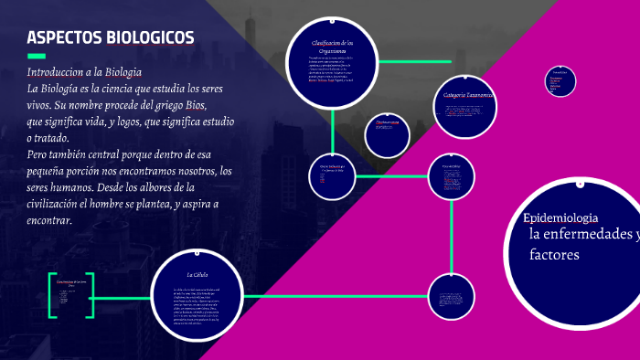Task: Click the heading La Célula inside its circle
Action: [198, 274]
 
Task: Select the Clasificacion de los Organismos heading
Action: [332, 48]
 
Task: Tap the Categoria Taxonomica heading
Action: [467, 95]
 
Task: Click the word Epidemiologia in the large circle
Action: [560, 217]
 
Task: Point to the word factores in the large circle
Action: [554, 254]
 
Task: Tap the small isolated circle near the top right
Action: [560, 80]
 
